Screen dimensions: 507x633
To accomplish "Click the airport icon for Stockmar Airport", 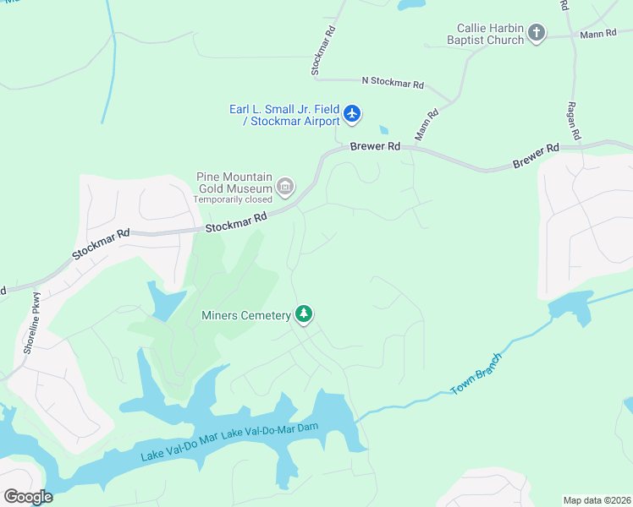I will (352, 113).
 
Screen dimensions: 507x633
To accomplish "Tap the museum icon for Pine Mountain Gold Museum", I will (285, 186).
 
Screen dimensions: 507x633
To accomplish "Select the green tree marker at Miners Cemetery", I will (304, 314).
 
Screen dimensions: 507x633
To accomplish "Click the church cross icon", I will (536, 34).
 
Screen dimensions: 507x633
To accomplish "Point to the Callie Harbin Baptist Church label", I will (491, 34).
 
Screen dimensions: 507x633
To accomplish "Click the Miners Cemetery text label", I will (246, 316).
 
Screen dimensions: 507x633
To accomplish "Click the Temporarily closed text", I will (233, 199).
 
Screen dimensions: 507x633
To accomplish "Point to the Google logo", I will (28, 496).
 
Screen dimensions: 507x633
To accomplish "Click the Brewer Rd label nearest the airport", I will (376, 146).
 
